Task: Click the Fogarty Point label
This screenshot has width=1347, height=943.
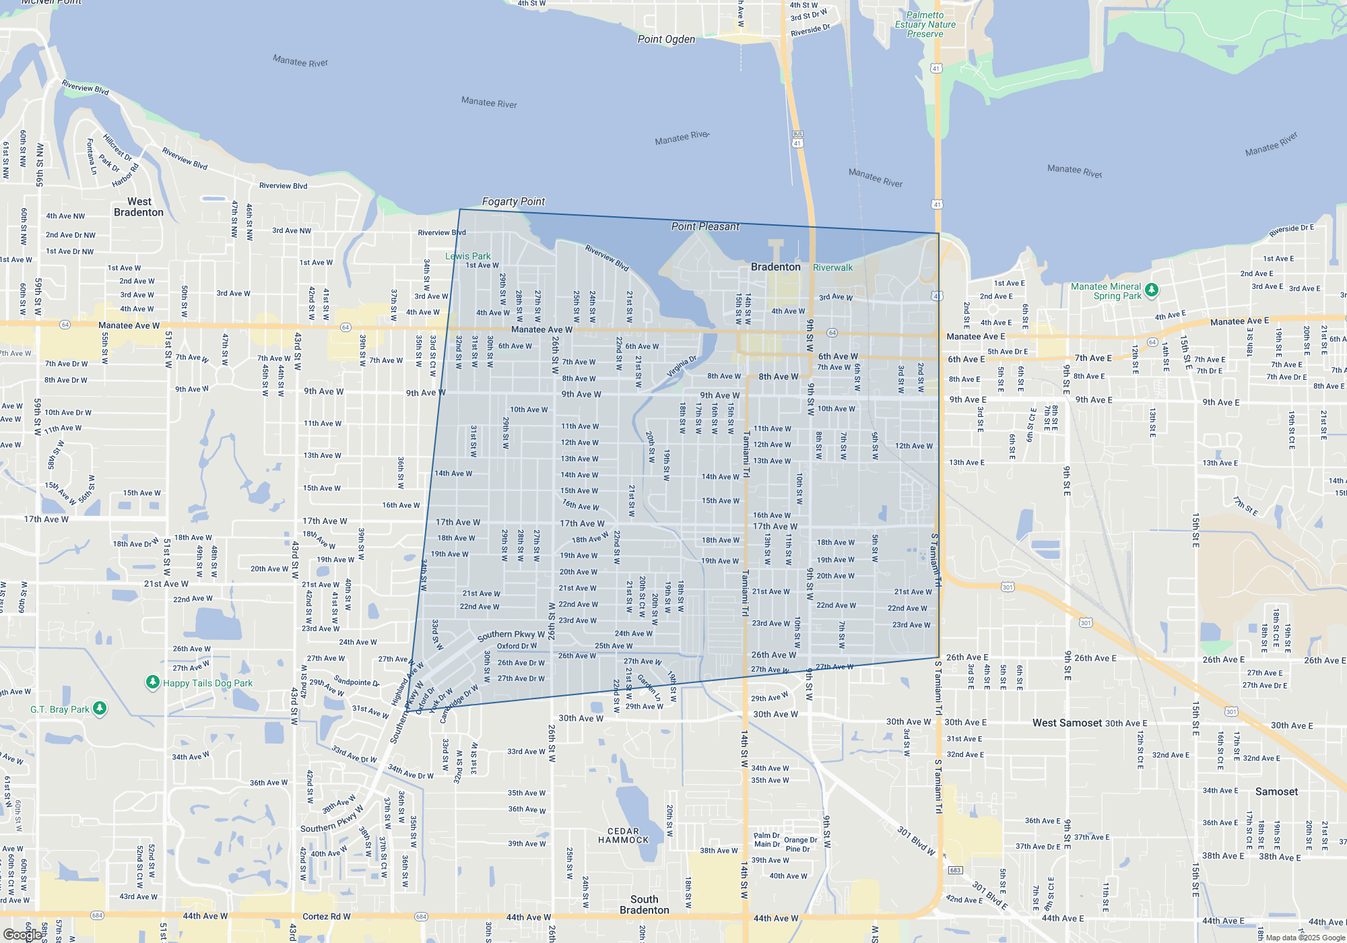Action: point(513,201)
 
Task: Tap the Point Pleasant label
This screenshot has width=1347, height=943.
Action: point(705,226)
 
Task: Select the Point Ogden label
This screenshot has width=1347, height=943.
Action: point(666,39)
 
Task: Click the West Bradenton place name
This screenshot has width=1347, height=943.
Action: point(139,207)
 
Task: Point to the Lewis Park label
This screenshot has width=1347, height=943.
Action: point(467,256)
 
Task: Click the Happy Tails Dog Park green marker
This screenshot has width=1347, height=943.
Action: point(152,682)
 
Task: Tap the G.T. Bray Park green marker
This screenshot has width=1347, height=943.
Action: point(100,708)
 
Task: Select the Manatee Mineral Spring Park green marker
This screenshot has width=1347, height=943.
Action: point(1152,290)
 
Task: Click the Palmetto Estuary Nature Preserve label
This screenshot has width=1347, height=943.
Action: point(925,24)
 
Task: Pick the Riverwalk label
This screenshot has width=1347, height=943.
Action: point(832,267)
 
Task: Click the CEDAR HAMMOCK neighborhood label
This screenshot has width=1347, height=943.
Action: point(623,835)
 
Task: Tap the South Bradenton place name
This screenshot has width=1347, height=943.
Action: point(645,905)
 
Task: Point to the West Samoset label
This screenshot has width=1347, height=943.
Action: point(1067,723)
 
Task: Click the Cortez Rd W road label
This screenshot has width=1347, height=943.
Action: point(326,916)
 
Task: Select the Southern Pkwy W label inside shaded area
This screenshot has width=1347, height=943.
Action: point(511,635)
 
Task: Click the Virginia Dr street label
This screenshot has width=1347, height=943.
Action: point(682,367)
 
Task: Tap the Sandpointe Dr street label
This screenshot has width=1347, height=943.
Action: point(356,682)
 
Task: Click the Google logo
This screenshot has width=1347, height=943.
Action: point(22,935)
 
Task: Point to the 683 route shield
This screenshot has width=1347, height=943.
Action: point(954,870)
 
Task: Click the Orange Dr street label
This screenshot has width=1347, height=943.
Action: point(800,840)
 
